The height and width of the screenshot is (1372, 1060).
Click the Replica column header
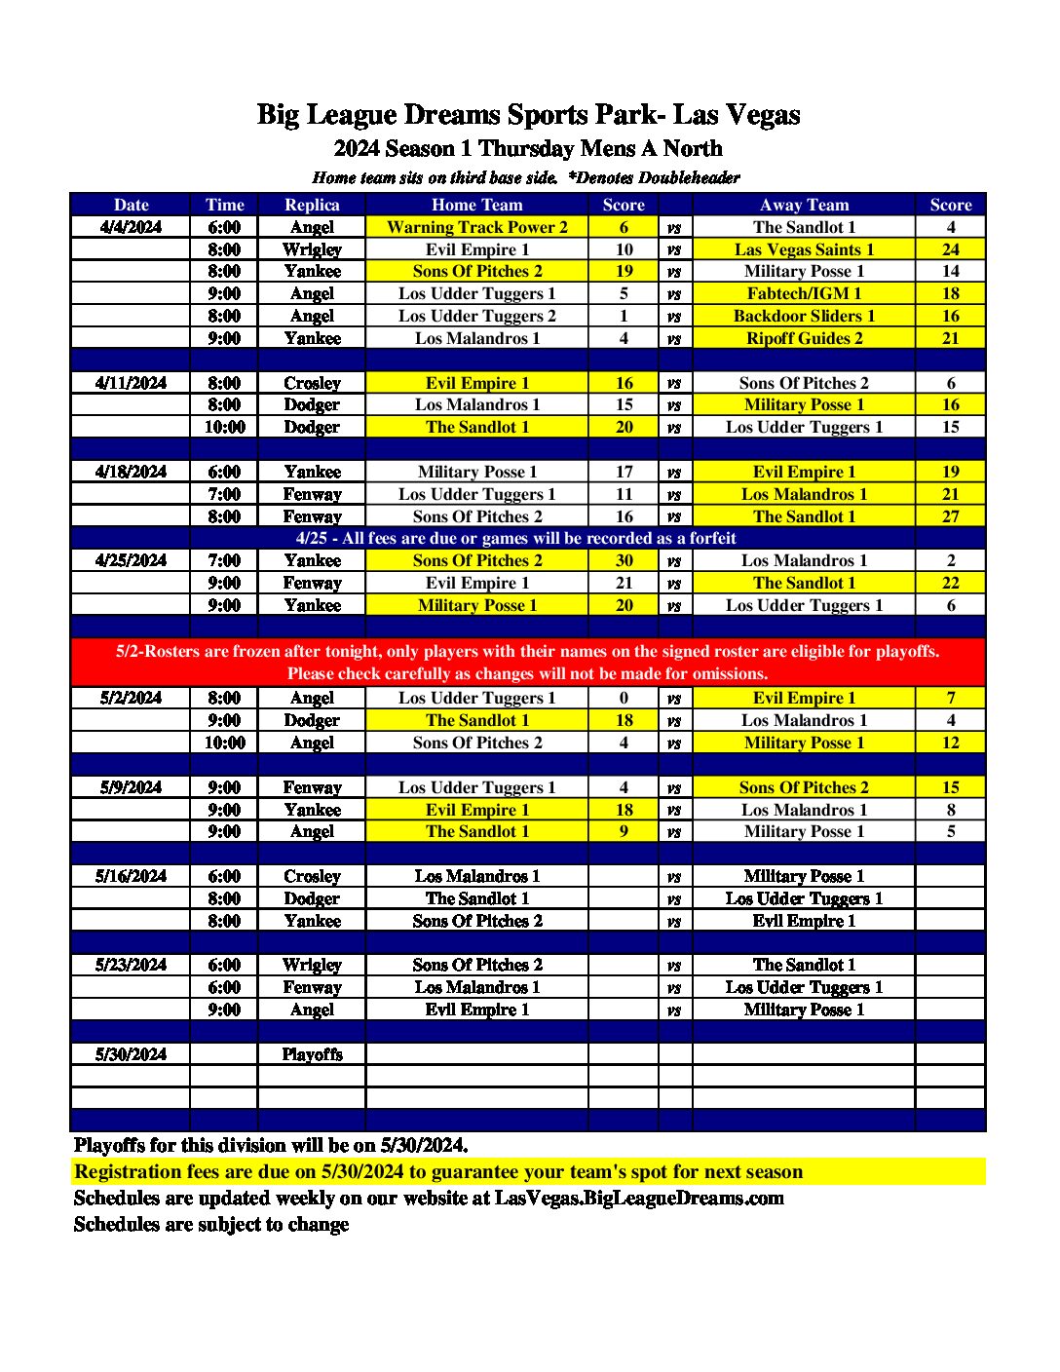(x=312, y=205)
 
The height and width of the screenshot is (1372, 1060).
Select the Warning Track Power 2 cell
(x=476, y=227)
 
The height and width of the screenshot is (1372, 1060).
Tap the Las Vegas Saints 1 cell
(x=804, y=249)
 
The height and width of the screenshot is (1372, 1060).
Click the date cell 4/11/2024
(x=131, y=383)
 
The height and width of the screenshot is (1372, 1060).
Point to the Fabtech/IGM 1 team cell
(x=804, y=293)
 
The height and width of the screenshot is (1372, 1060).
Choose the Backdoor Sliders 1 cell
(x=804, y=316)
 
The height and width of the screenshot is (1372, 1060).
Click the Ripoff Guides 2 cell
(x=804, y=338)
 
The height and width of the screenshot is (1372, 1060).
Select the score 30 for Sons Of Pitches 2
(x=624, y=560)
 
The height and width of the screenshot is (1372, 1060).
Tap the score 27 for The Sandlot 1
(x=950, y=516)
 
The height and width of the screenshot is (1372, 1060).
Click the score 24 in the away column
(x=950, y=249)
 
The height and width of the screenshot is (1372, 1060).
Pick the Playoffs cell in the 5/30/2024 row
(x=312, y=1054)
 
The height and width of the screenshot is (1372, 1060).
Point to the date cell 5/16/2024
(x=131, y=876)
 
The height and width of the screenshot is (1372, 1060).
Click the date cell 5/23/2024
(x=131, y=965)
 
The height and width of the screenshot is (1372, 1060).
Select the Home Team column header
(x=476, y=205)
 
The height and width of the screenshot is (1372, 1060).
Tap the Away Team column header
(x=804, y=205)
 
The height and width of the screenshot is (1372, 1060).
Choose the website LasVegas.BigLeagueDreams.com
(x=639, y=1198)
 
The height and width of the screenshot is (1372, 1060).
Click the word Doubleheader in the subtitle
(x=689, y=177)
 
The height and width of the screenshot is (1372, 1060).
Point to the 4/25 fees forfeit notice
(x=515, y=538)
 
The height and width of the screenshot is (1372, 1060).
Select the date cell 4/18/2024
(x=131, y=472)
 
